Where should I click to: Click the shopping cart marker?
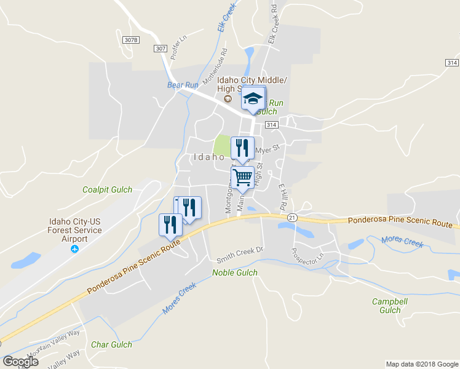tap(243, 178)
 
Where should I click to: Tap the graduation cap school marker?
tap(253, 98)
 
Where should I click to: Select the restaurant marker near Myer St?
tap(242, 148)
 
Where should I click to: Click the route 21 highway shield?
tap(292, 218)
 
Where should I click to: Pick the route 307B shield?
tap(131, 40)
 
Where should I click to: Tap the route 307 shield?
tap(161, 49)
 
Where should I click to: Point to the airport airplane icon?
tap(75, 249)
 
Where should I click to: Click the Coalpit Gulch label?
tap(108, 190)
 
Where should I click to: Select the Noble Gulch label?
tap(234, 272)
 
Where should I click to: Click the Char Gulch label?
tap(111, 345)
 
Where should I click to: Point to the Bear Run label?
tap(183, 85)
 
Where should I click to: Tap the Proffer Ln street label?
tap(178, 47)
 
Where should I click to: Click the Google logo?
tap(20, 361)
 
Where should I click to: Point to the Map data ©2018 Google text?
tap(421, 364)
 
